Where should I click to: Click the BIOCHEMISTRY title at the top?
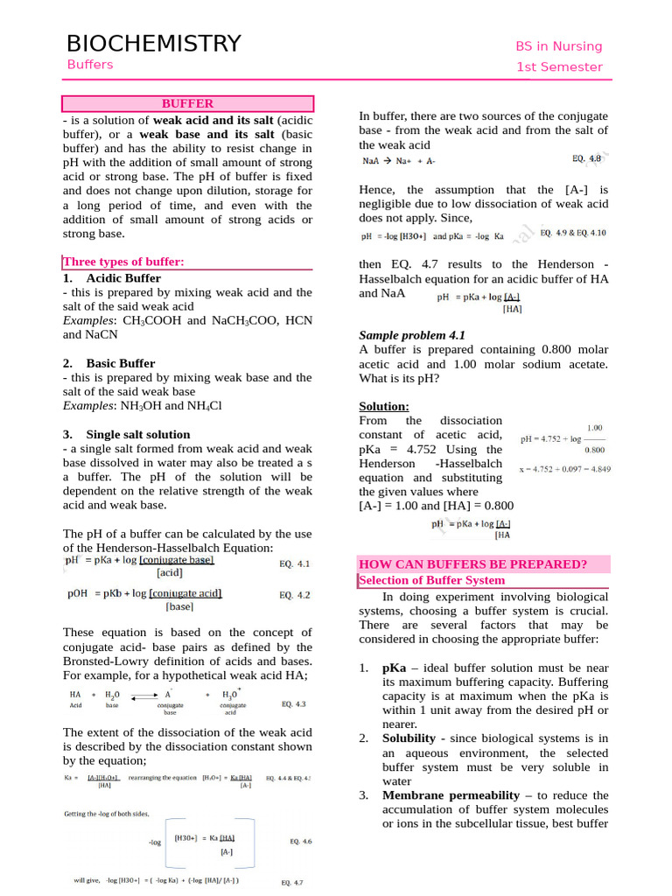153,44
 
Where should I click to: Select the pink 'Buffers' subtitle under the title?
90,65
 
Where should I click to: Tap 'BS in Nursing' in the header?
559,46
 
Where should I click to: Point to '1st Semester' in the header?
559,67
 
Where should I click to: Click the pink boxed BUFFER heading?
187,103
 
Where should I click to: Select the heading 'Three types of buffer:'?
123,262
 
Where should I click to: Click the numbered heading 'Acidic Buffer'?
123,278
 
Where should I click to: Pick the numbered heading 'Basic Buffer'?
120,363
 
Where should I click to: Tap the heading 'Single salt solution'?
137,434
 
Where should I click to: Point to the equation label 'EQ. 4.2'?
294,595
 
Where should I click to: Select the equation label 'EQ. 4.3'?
294,703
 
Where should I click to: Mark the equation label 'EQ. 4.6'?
300,842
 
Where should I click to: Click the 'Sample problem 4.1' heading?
412,335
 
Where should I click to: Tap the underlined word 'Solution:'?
384,406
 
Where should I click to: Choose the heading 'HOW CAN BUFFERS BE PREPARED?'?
473,563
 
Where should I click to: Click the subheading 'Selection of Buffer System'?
432,580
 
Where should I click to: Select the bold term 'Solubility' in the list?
410,738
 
